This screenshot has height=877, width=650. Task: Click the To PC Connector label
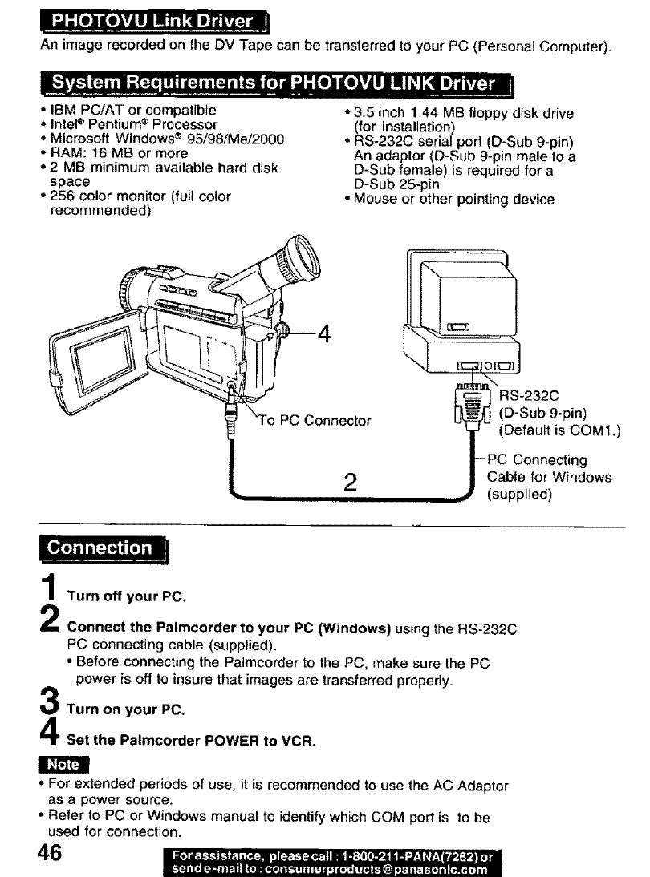315,420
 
